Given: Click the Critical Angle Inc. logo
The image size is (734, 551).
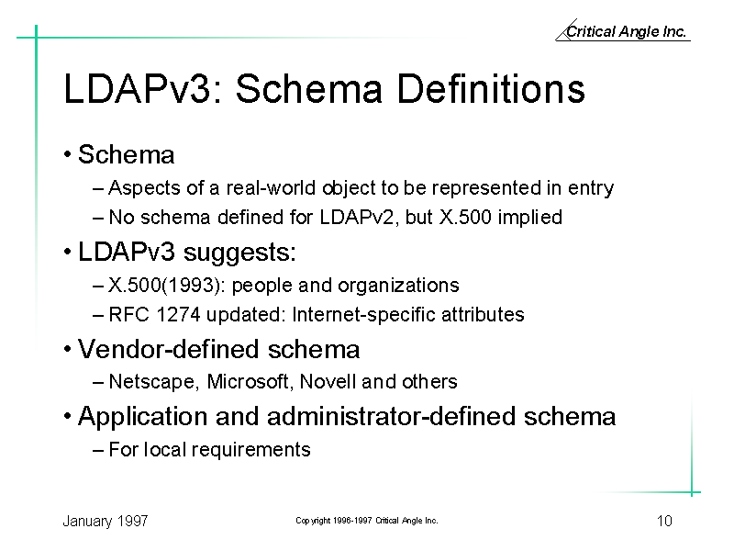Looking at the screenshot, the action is [623, 30].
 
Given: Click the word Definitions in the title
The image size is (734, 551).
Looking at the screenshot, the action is [491, 88].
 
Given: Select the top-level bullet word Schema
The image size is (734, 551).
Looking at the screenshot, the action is [126, 154].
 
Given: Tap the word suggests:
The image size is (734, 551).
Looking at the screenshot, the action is [239, 253].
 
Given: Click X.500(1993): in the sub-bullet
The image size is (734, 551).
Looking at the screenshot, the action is [167, 286].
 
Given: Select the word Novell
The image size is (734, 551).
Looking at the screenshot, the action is [328, 381].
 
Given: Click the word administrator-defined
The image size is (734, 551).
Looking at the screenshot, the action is [392, 417].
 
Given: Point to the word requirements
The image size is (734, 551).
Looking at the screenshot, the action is [251, 450].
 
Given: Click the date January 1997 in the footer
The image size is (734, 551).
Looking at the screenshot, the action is [106, 521].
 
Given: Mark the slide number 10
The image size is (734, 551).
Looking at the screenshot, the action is [664, 521].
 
